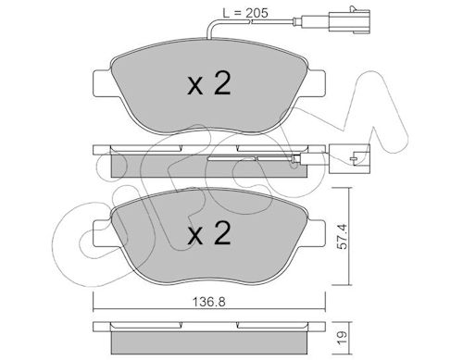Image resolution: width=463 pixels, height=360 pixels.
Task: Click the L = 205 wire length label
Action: [x=245, y=13]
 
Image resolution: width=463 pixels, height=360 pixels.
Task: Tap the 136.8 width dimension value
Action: [x=209, y=302]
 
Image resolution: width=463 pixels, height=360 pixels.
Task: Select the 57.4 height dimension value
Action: [x=342, y=236]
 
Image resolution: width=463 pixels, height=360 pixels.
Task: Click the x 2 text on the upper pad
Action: [x=209, y=83]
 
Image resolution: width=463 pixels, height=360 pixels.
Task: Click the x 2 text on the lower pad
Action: [x=209, y=233]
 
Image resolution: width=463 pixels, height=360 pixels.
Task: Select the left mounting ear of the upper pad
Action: [x=103, y=83]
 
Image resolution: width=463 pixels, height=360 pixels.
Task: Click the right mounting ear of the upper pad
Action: [x=316, y=83]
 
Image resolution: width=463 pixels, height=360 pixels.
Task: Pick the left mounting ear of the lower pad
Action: [x=103, y=233]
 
